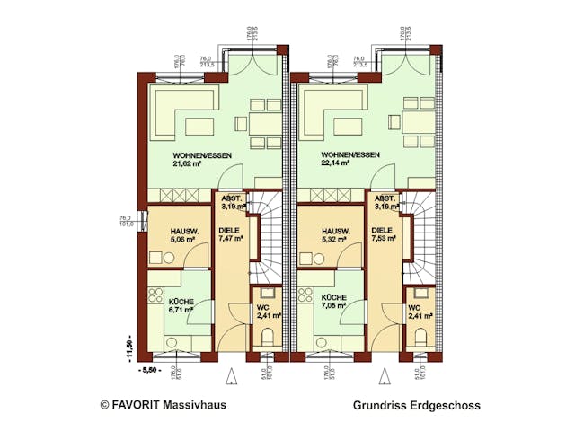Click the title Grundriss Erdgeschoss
click(416, 405)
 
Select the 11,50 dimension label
click(128, 345)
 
